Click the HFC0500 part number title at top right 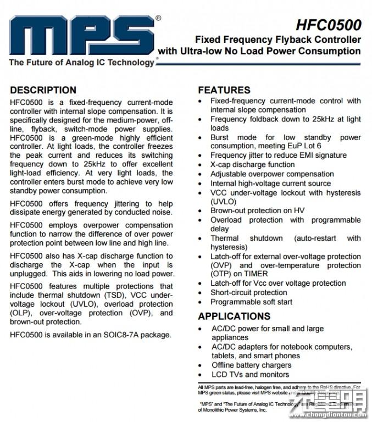(x=329, y=25)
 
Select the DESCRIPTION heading (x=43, y=90)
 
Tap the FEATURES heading (x=224, y=90)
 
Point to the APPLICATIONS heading (x=234, y=316)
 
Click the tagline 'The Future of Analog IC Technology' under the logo (x=81, y=62)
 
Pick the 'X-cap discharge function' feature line (x=252, y=164)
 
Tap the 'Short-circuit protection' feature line (x=248, y=292)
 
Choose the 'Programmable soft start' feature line (x=251, y=302)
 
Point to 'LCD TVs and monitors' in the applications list (x=250, y=374)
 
